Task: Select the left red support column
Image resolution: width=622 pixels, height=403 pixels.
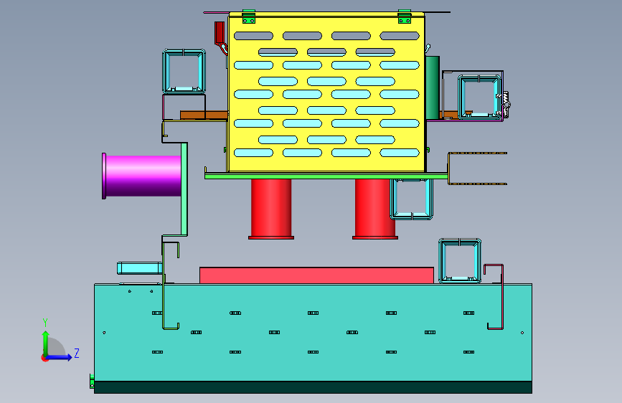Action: click(x=271, y=208)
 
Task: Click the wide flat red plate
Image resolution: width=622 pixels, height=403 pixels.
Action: click(x=316, y=275)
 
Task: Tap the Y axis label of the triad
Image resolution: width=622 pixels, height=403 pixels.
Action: click(x=44, y=322)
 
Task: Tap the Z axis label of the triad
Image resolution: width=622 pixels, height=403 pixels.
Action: click(x=76, y=353)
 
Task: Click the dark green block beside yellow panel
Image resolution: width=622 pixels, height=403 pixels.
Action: click(x=432, y=86)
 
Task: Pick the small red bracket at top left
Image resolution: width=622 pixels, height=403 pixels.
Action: click(x=219, y=33)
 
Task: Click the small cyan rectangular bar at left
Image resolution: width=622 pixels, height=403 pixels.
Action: click(x=138, y=267)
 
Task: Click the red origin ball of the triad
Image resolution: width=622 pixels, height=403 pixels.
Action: click(x=45, y=357)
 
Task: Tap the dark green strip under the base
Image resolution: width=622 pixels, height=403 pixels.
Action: click(x=313, y=387)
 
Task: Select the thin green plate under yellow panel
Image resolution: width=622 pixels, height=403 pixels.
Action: click(x=326, y=175)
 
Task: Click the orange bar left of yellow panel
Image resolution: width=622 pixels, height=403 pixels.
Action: click(x=203, y=114)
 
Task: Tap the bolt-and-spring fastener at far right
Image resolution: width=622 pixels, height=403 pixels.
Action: click(x=506, y=103)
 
